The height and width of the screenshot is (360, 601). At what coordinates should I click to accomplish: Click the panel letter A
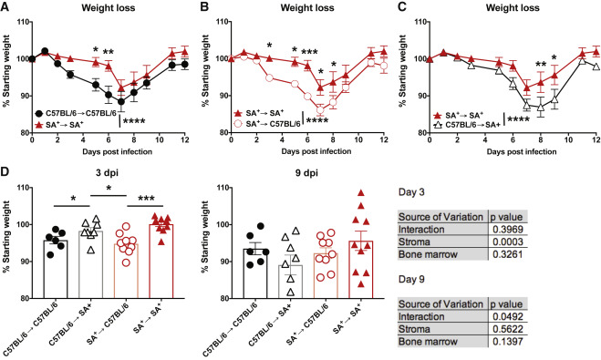pyautogui.click(x=5, y=7)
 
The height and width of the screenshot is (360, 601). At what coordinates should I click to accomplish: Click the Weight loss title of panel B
pyautogui.click(x=307, y=7)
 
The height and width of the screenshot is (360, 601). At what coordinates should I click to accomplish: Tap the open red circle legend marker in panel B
pyautogui.click(x=239, y=124)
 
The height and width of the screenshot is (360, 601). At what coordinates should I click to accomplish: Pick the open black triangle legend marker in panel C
pyautogui.click(x=438, y=125)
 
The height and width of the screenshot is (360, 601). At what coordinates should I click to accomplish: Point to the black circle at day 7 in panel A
pyautogui.click(x=121, y=102)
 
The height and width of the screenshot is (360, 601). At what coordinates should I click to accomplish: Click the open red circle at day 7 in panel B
pyautogui.click(x=320, y=110)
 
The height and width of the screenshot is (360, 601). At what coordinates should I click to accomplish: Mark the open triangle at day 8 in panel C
pyautogui.click(x=541, y=108)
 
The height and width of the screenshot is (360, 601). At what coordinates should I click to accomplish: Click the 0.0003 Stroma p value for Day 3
pyautogui.click(x=506, y=242)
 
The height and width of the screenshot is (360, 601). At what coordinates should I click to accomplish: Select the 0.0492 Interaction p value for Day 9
pyautogui.click(x=506, y=317)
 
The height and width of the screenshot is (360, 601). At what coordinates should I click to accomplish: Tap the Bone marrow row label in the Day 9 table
pyautogui.click(x=428, y=342)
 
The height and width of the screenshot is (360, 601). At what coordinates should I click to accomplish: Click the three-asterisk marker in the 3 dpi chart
pyautogui.click(x=146, y=199)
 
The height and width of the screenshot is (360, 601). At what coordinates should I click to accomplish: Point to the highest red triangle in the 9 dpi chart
pyautogui.click(x=360, y=193)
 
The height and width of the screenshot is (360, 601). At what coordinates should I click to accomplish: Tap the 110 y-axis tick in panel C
pyautogui.click(x=420, y=22)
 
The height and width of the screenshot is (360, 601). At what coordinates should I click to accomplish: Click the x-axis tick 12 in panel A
pyautogui.click(x=185, y=139)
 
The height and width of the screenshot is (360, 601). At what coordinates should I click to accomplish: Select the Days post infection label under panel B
pyautogui.click(x=316, y=151)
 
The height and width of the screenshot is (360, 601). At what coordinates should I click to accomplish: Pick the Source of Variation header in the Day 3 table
pyautogui.click(x=440, y=217)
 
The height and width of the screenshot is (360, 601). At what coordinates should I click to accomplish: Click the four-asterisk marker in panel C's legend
pyautogui.click(x=519, y=120)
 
